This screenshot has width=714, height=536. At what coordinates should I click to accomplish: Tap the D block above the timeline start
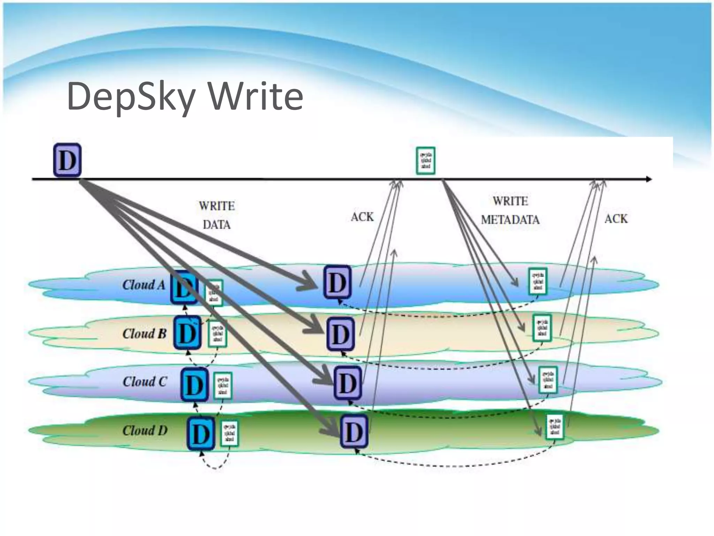click(67, 160)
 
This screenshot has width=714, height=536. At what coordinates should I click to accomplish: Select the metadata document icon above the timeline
click(426, 161)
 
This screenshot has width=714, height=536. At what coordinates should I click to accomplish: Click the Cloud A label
click(143, 285)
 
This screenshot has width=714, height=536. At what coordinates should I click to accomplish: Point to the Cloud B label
click(144, 334)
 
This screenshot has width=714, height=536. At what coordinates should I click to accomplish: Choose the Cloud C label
click(145, 381)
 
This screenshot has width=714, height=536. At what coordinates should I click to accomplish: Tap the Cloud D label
click(145, 430)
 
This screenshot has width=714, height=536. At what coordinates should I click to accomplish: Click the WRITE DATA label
click(217, 215)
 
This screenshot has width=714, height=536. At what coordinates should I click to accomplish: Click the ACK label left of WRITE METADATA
click(362, 217)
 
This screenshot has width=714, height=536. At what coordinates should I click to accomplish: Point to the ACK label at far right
click(616, 219)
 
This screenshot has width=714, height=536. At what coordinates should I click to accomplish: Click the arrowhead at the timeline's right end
click(648, 179)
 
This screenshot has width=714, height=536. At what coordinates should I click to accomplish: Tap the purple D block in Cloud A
click(337, 282)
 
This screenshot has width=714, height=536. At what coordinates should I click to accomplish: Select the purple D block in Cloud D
click(354, 432)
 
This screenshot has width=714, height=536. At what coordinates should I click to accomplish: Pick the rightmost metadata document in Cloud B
click(542, 328)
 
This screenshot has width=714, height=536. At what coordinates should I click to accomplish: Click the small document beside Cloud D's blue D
click(229, 433)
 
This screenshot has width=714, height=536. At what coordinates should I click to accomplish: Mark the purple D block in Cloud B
click(340, 334)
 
